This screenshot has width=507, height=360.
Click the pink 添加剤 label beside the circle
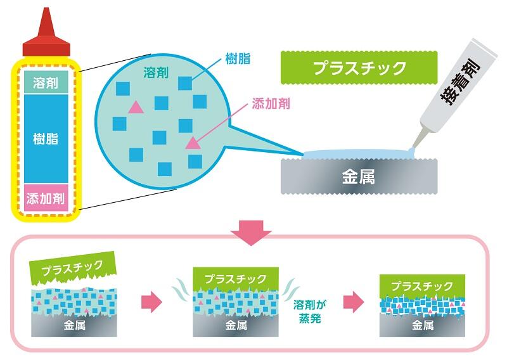coord(271,103)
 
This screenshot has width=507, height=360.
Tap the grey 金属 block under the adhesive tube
coord(358,176)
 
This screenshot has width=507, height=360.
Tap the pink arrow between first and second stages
coord(150,302)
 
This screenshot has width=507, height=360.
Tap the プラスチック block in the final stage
coord(422,285)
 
